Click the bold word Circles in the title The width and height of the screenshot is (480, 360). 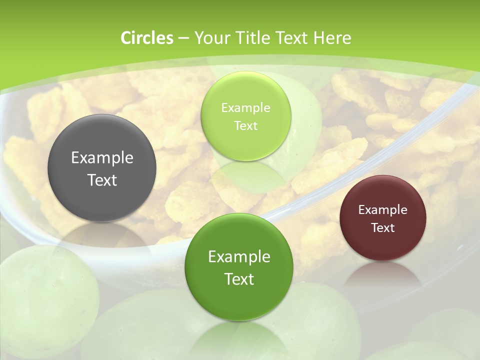click(147, 38)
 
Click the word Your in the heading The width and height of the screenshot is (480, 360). click(212, 38)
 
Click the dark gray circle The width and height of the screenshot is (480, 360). click(102, 168)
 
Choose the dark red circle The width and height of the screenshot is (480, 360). click(383, 218)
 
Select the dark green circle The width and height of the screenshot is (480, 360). click(239, 266)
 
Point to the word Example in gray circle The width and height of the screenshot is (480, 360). click(102, 158)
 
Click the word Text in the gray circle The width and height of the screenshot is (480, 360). click(102, 180)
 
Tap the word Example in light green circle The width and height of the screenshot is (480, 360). click(246, 108)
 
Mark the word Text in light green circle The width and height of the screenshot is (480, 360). click(246, 126)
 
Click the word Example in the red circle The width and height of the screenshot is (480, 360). click(383, 210)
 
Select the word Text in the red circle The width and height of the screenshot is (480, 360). click(383, 228)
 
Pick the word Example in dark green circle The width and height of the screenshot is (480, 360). click(239, 257)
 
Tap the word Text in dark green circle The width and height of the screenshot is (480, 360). click(239, 279)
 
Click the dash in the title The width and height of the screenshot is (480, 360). click(183, 38)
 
